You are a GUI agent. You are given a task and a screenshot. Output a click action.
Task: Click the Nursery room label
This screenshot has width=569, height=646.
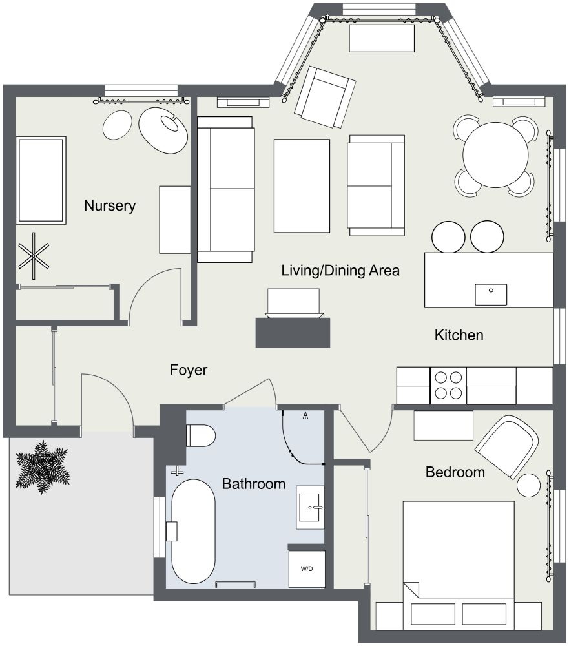click(x=110, y=206)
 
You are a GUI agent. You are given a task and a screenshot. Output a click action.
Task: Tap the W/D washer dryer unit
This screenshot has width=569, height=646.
click(x=306, y=568)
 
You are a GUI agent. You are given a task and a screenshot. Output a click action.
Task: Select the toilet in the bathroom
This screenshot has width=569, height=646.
click(x=200, y=436)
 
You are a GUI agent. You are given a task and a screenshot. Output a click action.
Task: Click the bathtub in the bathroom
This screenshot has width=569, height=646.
click(x=192, y=532)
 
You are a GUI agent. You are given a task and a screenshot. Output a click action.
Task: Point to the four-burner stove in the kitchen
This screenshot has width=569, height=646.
click(x=448, y=385)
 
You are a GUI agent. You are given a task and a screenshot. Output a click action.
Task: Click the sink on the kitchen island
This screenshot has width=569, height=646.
click(x=491, y=294)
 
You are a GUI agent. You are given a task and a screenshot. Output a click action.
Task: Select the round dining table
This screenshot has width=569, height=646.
click(x=495, y=155)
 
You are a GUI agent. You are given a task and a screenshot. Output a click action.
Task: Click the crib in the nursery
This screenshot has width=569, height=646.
click(x=41, y=180)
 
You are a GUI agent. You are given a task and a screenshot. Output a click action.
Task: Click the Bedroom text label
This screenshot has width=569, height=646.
click(x=455, y=472)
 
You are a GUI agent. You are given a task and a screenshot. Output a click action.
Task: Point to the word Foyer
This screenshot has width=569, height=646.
click(x=189, y=370)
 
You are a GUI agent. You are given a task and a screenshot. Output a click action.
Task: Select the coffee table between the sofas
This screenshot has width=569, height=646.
click(x=302, y=185)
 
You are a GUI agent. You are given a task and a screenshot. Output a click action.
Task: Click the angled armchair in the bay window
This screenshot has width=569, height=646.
click(x=327, y=97)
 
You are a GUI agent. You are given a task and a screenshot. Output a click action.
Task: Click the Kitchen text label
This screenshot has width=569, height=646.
click(x=459, y=335)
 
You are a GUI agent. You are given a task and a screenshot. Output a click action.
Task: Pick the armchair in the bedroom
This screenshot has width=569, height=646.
click(x=508, y=446)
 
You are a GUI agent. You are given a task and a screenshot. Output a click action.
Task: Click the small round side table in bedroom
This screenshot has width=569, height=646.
click(x=530, y=485)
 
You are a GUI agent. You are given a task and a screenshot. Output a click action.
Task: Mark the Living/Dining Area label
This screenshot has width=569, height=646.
click(x=340, y=271)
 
